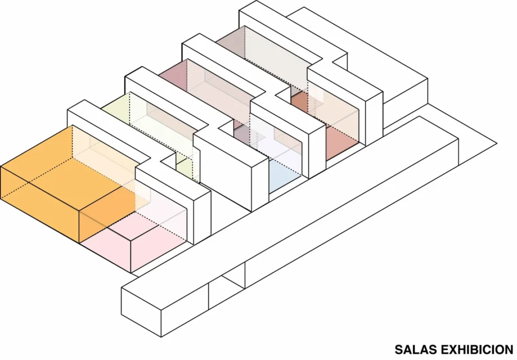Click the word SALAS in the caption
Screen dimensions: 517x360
coord(416,349)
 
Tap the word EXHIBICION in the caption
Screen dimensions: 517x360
coord(477,349)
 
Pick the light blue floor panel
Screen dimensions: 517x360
coord(284,175)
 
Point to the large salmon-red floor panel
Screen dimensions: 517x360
coord(341,142)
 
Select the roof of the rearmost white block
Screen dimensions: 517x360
coord(357,49)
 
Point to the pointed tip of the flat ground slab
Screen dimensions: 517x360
coord(496,144)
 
